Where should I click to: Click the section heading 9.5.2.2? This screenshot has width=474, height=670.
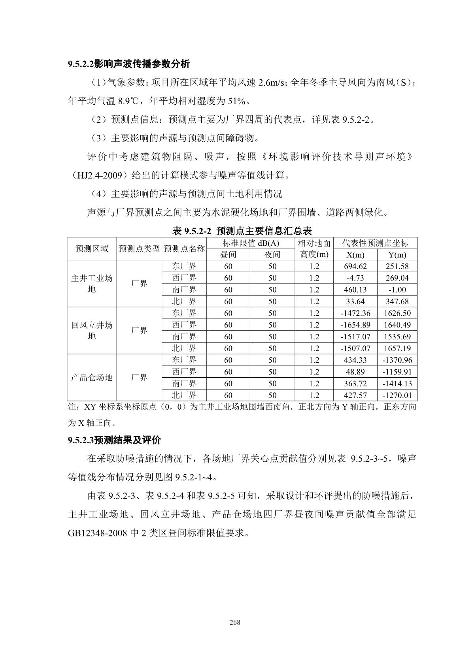click(x=129, y=64)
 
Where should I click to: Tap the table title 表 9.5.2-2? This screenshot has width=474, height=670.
click(x=242, y=230)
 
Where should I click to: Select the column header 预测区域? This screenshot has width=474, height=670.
click(x=92, y=249)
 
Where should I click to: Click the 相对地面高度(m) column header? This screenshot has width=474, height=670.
click(x=314, y=249)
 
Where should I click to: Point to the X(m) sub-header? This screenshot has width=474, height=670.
click(x=355, y=255)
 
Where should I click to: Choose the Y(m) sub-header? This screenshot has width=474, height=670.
click(x=397, y=255)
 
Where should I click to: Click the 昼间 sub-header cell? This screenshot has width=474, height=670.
click(x=228, y=255)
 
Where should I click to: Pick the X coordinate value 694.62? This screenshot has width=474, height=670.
click(x=355, y=266)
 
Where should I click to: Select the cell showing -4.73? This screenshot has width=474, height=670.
click(x=355, y=278)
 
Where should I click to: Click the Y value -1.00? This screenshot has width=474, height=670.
click(x=397, y=290)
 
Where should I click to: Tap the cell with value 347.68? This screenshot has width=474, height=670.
click(x=397, y=301)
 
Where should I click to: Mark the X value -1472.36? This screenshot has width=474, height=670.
click(x=355, y=313)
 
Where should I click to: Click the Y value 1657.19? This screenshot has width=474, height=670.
click(x=397, y=348)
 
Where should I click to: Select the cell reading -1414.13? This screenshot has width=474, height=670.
click(x=397, y=384)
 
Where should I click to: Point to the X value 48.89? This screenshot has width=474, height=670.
click(x=355, y=372)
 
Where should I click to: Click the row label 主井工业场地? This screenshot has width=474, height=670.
click(x=92, y=284)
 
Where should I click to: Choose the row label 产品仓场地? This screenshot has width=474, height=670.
click(x=92, y=378)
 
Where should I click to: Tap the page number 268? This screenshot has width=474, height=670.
click(x=235, y=623)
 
